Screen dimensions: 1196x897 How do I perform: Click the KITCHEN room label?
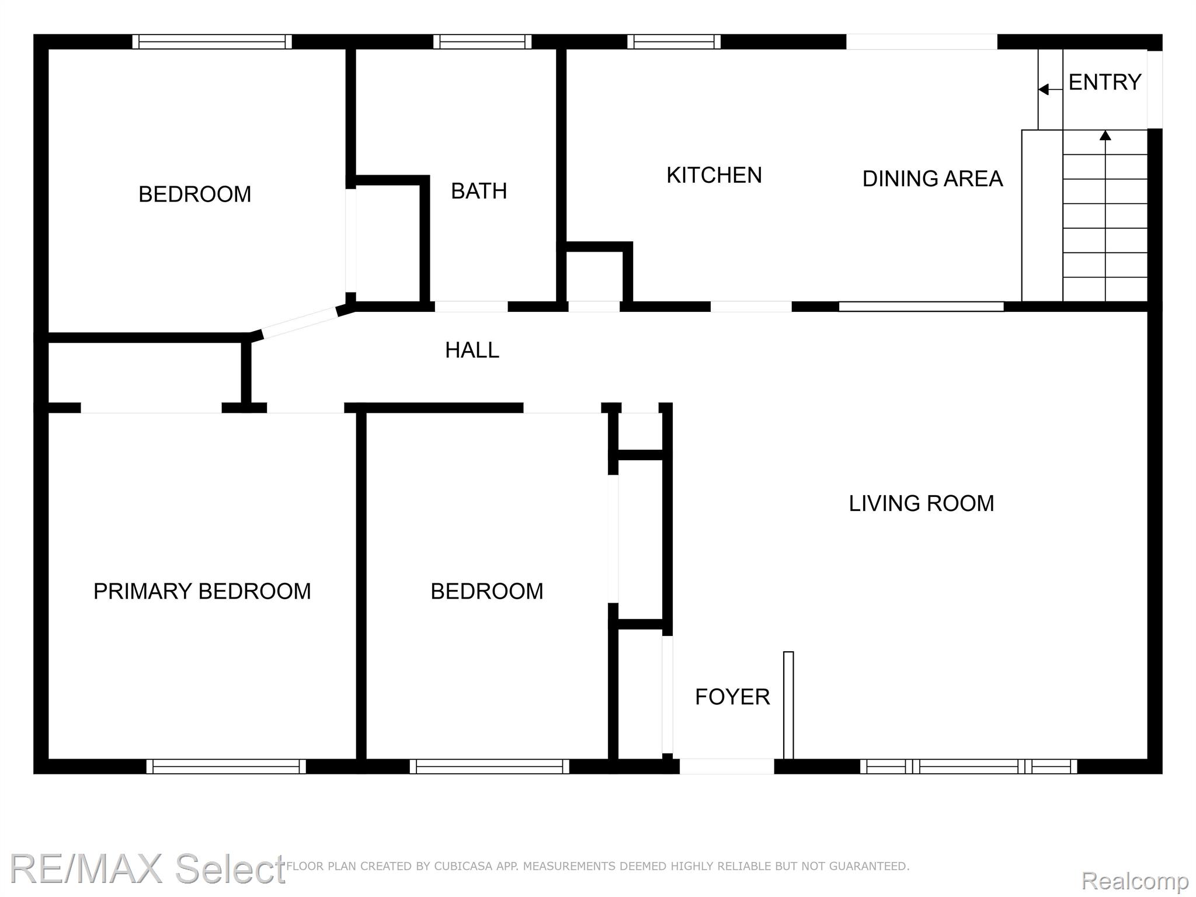(714, 175)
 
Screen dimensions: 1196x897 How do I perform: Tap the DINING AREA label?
(933, 179)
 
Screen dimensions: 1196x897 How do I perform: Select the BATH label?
(479, 191)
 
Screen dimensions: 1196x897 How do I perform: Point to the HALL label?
(472, 350)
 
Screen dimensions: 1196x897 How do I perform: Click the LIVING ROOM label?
(922, 503)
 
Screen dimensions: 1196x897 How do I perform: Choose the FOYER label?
(732, 697)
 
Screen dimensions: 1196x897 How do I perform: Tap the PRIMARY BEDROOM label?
(202, 592)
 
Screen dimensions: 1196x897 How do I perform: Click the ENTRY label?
(1105, 82)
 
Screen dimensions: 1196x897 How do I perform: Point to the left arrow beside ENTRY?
(1051, 89)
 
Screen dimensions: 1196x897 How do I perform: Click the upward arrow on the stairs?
(1105, 215)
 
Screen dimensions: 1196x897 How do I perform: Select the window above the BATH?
(482, 42)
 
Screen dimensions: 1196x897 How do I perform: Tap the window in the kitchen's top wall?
(674, 42)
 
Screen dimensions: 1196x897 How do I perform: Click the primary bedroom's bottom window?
(226, 766)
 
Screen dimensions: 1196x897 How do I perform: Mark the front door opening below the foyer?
(727, 766)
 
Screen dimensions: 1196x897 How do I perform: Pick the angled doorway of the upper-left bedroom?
(300, 322)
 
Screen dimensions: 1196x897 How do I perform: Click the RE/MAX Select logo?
(148, 869)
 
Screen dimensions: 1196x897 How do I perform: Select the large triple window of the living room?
(969, 766)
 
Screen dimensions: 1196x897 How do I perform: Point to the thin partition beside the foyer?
(788, 705)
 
